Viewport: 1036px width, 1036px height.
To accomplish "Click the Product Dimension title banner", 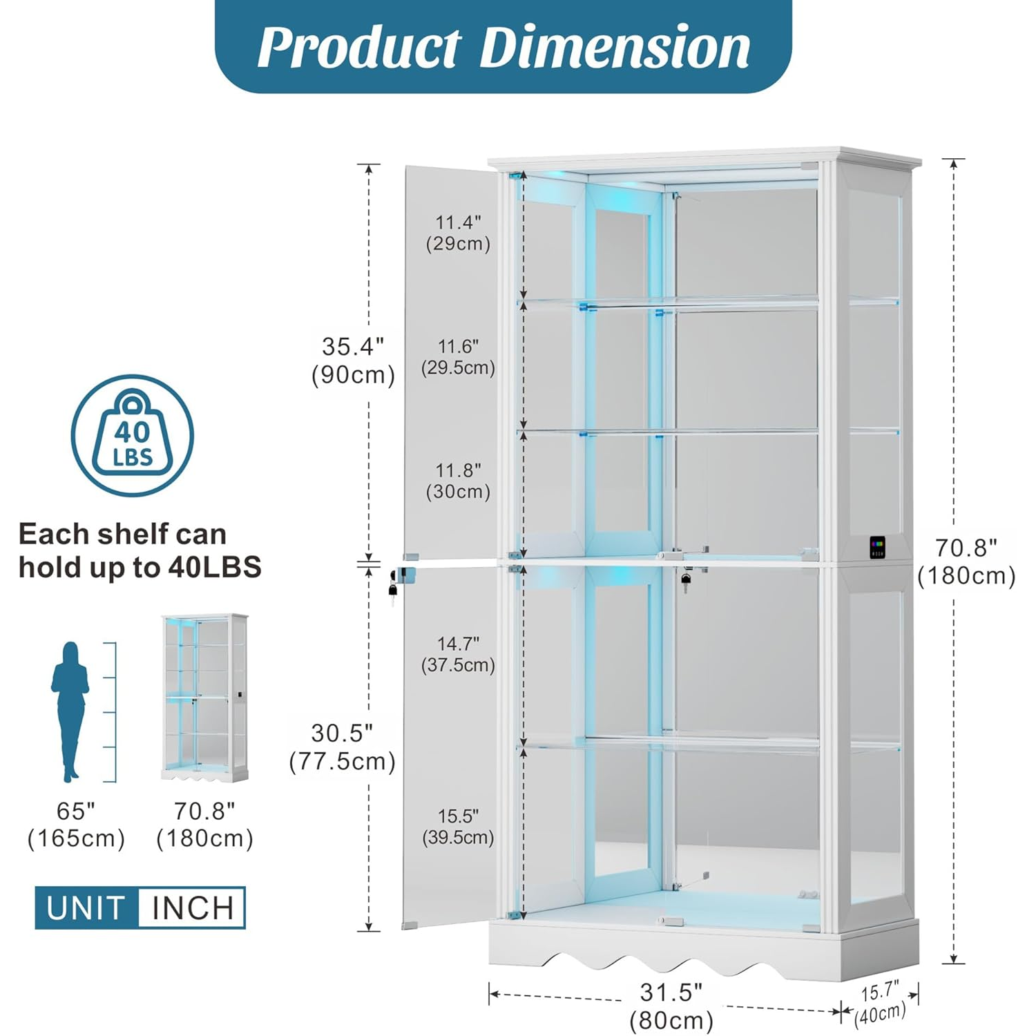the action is (x=503, y=46).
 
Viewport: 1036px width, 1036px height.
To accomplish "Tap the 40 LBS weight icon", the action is (x=133, y=435).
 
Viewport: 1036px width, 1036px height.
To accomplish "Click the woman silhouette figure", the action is (x=70, y=711).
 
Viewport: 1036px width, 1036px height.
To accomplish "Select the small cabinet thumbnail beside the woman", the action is (x=204, y=698).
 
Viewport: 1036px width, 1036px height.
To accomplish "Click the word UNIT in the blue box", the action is (x=86, y=908).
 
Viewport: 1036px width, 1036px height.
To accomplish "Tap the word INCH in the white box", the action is (x=193, y=908).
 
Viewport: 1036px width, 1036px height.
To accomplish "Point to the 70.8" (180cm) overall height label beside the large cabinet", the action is (x=966, y=562).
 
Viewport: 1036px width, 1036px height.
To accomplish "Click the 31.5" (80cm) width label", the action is (x=671, y=1006).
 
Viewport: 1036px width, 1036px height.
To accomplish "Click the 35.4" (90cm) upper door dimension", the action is (x=353, y=361).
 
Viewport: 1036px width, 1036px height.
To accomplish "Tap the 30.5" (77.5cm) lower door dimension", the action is (x=342, y=747).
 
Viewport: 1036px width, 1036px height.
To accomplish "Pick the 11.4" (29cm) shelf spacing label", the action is (x=458, y=233).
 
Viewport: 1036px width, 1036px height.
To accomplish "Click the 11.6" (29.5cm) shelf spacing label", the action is (x=458, y=356).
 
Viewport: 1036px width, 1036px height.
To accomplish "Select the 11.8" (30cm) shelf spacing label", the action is (x=458, y=481).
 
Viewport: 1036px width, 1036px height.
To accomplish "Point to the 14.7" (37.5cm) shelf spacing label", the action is (x=458, y=654).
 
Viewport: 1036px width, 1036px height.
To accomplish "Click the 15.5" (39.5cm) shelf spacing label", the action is (x=458, y=826).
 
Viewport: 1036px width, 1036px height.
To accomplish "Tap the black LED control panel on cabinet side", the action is (x=877, y=547).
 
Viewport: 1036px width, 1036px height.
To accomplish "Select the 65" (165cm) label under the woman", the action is (x=76, y=825).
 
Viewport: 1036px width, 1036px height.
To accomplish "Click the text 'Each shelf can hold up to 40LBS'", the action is (x=140, y=550).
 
